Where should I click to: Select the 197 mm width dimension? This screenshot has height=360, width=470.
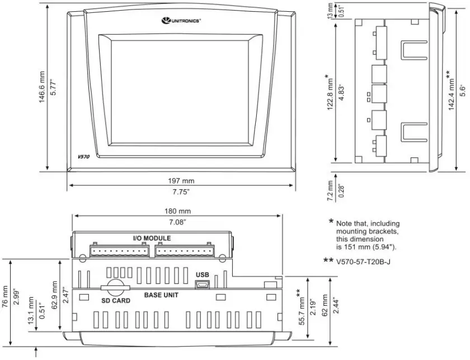(x=181, y=181)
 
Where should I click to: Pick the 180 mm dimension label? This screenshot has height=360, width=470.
(x=177, y=212)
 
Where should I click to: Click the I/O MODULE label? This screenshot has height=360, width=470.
(x=152, y=238)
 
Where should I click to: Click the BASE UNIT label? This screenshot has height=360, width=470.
(x=161, y=295)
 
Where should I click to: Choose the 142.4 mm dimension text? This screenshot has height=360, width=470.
(x=450, y=91)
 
